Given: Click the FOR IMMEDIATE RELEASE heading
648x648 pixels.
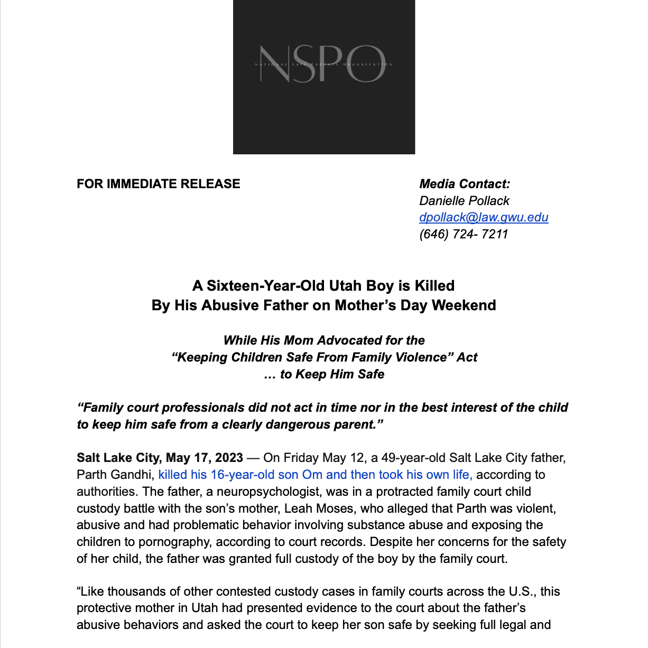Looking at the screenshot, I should point(159,184).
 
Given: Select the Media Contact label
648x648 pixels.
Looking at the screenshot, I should point(465,184).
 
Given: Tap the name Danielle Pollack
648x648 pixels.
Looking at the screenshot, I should point(464,201).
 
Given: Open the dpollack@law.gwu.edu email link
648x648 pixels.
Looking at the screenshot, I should point(484,217).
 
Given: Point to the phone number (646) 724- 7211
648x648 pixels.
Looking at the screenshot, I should point(464,234).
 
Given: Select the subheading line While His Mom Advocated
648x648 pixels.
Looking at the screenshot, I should point(324,340).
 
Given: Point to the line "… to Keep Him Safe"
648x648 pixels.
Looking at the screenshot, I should point(324,374).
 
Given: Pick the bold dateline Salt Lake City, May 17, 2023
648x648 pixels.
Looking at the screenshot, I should point(160,458).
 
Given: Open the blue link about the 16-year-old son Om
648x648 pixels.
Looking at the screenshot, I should point(316,475).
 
